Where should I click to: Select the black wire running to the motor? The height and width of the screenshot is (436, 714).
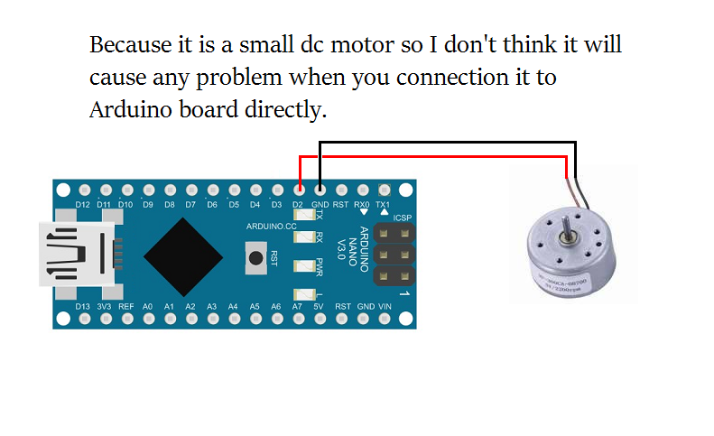[451, 142]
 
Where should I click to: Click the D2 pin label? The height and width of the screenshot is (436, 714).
[299, 204]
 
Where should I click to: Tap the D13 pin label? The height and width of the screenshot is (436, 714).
[83, 307]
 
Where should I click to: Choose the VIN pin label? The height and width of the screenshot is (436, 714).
[385, 307]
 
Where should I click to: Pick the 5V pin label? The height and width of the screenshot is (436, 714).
[318, 307]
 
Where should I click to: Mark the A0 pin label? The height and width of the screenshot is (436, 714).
[148, 307]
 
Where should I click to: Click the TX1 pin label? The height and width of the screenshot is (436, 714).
[383, 204]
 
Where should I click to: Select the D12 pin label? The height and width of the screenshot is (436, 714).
[83, 204]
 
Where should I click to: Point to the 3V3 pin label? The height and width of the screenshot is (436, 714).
[105, 307]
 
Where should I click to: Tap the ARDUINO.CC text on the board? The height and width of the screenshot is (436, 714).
[271, 227]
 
